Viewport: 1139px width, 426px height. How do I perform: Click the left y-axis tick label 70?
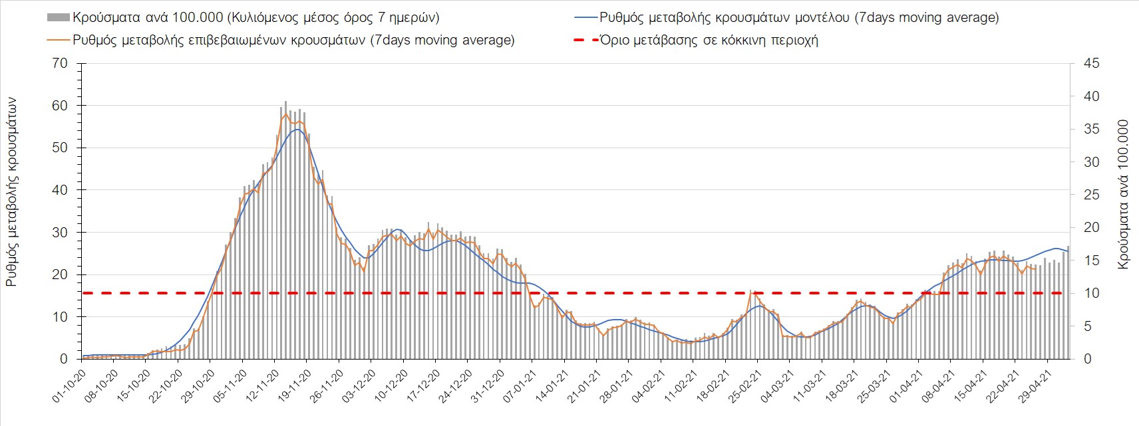(x=60, y=64)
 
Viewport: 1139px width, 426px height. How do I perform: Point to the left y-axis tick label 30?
(x=60, y=233)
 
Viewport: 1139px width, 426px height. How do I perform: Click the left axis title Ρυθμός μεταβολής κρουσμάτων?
(x=11, y=191)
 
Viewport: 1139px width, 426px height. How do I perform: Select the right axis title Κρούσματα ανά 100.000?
(x=1124, y=194)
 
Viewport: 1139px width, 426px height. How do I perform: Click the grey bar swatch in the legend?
(x=59, y=18)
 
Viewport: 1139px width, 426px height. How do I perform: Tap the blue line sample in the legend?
(x=585, y=18)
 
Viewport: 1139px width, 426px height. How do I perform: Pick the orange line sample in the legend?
(x=59, y=41)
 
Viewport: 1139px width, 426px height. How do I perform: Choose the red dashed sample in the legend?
(x=585, y=41)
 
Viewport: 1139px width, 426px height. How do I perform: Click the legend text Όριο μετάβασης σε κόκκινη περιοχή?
(x=709, y=41)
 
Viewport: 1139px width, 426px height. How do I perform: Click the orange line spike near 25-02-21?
(x=752, y=292)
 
